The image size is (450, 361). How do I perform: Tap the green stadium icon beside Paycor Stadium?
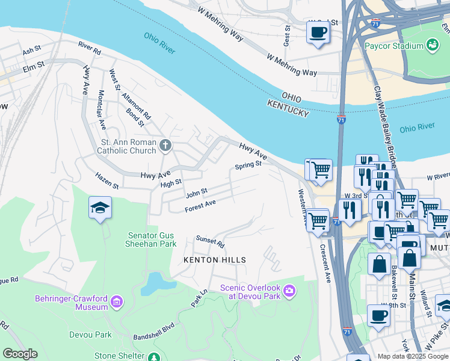pyautogui.click(x=432, y=45)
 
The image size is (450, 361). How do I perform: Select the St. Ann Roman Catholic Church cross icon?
pyautogui.click(x=165, y=145)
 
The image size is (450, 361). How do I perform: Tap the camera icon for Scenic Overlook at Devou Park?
pyautogui.click(x=290, y=291)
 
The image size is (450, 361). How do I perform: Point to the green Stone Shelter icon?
pyautogui.click(x=155, y=357)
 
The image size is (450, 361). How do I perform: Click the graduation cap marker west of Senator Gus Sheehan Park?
pyautogui.click(x=100, y=208)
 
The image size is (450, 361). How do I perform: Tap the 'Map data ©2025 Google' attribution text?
pyautogui.click(x=413, y=356)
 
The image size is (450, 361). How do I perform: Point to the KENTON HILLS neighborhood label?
pyautogui.click(x=215, y=260)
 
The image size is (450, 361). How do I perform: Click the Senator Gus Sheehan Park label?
pyautogui.click(x=151, y=239)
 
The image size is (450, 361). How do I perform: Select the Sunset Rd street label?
pyautogui.click(x=210, y=242)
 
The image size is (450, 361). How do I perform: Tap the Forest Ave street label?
pyautogui.click(x=200, y=206)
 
